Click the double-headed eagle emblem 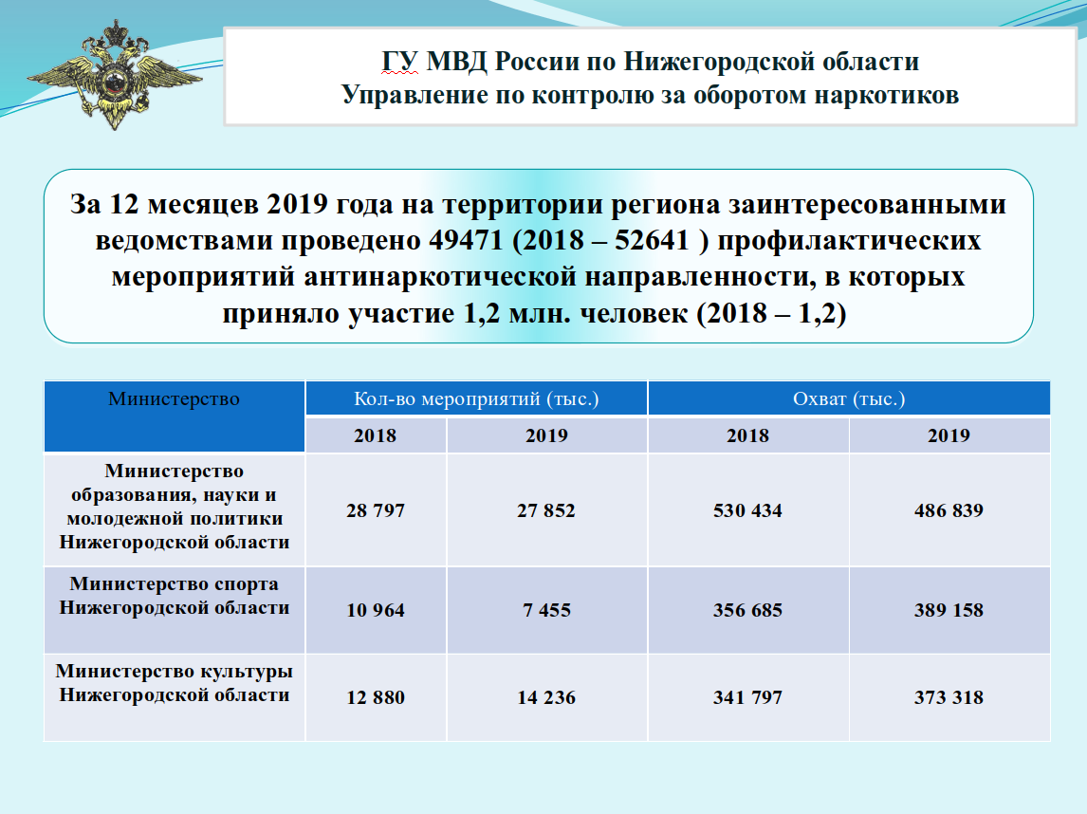point(115,75)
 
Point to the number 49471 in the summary point(465,240)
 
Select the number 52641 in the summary point(652,240)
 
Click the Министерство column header point(174,398)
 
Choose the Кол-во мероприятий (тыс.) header point(476,398)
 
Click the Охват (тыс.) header point(849,398)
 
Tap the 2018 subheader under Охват point(748,435)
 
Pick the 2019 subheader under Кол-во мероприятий point(547,435)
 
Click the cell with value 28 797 point(375,510)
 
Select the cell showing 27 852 point(546,510)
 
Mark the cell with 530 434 point(748,510)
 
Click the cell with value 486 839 point(949,510)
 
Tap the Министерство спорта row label point(174,596)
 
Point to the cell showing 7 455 point(547,610)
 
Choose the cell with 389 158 point(949,610)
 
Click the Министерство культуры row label point(174,683)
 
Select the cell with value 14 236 point(546,697)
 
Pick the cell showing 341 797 point(748,697)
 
